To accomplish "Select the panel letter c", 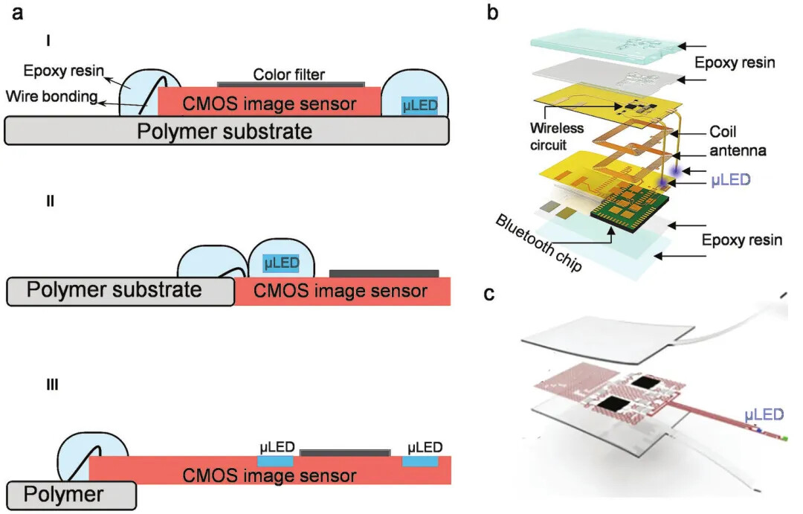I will [489, 293].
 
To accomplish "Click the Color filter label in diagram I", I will [289, 74].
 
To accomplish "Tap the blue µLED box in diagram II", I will [281, 263].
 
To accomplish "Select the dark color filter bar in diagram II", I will [384, 274].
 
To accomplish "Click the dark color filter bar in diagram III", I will [344, 452].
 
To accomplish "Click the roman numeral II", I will [50, 201].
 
